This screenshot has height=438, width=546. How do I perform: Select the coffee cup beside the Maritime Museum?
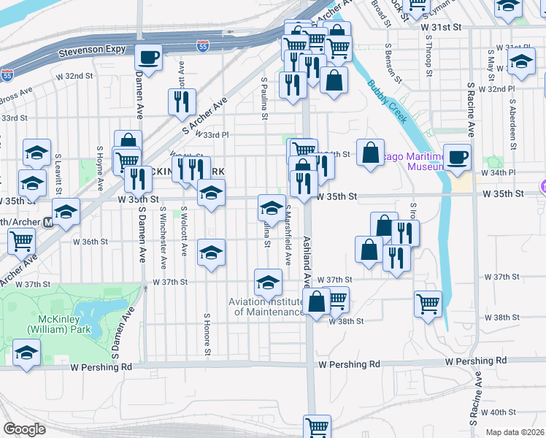[x=457, y=157]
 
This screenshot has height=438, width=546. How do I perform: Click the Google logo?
[x=24, y=429]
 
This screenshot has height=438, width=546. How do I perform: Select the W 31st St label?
[x=442, y=26]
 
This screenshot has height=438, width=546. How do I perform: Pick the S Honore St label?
[x=207, y=337]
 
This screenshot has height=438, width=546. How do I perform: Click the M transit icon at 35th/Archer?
[x=48, y=222]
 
